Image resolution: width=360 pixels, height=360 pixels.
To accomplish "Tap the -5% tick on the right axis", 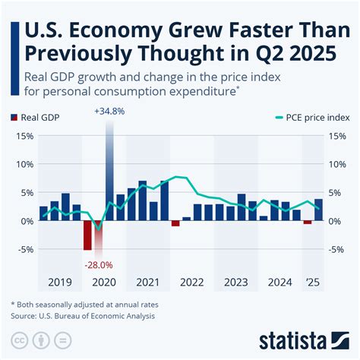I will (337, 249).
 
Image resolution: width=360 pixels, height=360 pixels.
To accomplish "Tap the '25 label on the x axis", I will (312, 282).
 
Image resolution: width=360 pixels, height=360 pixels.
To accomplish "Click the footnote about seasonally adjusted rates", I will (96, 304).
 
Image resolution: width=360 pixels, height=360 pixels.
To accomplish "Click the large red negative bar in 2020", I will (87, 235).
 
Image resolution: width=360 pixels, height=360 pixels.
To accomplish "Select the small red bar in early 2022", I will (175, 223).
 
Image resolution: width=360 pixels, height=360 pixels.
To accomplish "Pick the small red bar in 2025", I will (308, 222).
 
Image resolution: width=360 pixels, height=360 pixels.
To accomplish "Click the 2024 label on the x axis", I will (279, 282).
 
